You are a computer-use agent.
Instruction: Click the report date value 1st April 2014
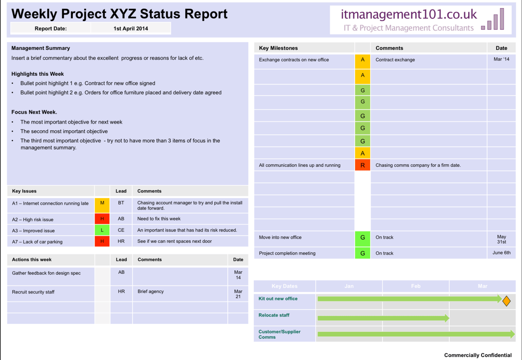pyautogui.click(x=130, y=29)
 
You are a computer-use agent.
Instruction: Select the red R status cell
pyautogui.click(x=363, y=165)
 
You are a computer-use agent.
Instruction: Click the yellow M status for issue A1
pyautogui.click(x=102, y=203)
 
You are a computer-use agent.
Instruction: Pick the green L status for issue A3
pyautogui.click(x=102, y=230)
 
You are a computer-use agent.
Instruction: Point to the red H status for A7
pyautogui.click(x=102, y=241)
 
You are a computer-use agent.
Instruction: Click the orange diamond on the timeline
pyautogui.click(x=506, y=301)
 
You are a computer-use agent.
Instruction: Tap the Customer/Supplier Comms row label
pyautogui.click(x=279, y=335)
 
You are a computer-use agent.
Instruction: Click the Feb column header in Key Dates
pyautogui.click(x=416, y=286)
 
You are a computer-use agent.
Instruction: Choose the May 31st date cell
pyautogui.click(x=501, y=239)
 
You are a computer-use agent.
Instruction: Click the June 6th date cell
pyautogui.click(x=501, y=253)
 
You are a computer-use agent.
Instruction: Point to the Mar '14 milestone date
pyautogui.click(x=501, y=59)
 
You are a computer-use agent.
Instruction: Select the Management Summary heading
pyautogui.click(x=41, y=48)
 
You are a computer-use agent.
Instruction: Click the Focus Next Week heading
pyautogui.click(x=34, y=112)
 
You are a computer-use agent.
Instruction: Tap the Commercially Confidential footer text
pyautogui.click(x=477, y=355)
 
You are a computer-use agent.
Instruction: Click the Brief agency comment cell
pyautogui.click(x=151, y=291)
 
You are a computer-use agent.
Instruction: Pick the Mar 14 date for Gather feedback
pyautogui.click(x=238, y=275)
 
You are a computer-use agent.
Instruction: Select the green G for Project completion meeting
pyautogui.click(x=363, y=253)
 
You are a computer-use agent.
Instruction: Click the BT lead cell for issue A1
pyautogui.click(x=121, y=203)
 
